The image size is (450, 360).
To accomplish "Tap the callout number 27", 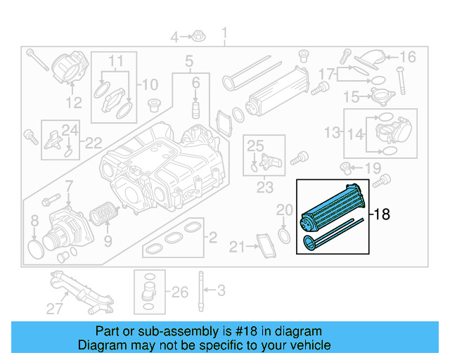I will click(x=54, y=308).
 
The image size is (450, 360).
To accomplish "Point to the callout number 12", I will click(x=75, y=103).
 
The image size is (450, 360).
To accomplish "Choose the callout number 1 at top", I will click(x=225, y=33).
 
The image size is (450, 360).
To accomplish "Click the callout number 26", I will click(x=180, y=291).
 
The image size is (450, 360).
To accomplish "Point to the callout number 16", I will click(x=408, y=57).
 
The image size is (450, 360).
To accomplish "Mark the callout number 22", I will click(x=92, y=143).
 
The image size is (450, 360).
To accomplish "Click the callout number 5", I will click(x=189, y=63).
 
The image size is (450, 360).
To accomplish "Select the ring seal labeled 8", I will click(x=34, y=245).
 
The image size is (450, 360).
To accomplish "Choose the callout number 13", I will click(x=332, y=131).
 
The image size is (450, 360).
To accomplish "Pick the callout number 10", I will click(x=150, y=85).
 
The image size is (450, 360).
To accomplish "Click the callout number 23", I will click(x=264, y=187).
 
